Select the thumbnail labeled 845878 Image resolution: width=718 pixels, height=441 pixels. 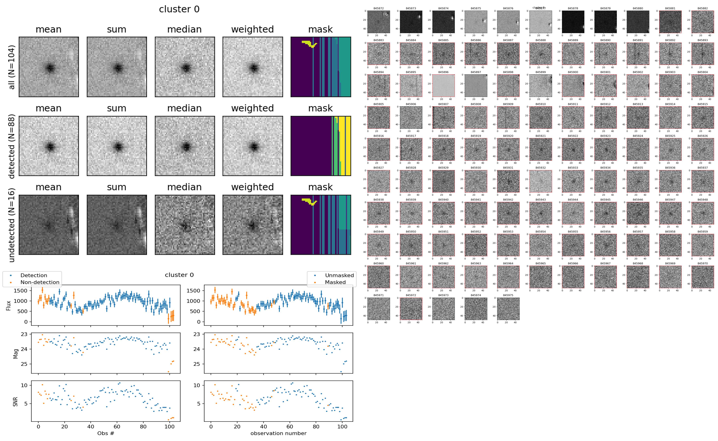coord(573,22)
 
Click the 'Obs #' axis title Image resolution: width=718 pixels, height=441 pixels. coord(106,433)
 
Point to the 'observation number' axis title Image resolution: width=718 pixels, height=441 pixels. coord(278,433)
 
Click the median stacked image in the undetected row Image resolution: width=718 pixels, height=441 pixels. coord(185,225)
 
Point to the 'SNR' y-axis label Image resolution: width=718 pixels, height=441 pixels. coord(16,401)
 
